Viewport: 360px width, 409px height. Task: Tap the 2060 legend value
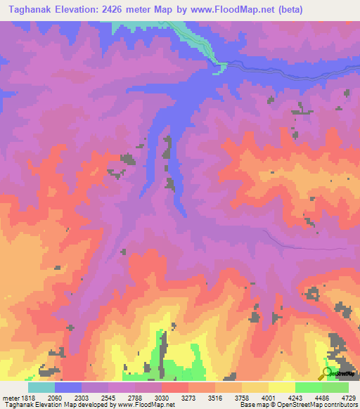pyautogui.click(x=55, y=397)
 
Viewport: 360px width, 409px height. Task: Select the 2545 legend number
pyautogui.click(x=108, y=397)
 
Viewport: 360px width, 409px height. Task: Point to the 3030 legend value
pyautogui.click(x=162, y=397)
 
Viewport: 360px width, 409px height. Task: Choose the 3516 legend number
pyautogui.click(x=215, y=397)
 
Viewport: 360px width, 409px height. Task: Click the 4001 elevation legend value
pyautogui.click(x=268, y=397)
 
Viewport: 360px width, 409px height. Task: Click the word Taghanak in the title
pyautogui.click(x=30, y=10)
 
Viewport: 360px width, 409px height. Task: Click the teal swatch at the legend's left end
pyautogui.click(x=41, y=387)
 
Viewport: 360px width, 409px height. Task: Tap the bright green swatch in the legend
pyautogui.click(x=308, y=387)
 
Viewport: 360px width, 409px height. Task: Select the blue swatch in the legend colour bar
pyautogui.click(x=68, y=387)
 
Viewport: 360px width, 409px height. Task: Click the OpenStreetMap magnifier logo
pyautogui.click(x=328, y=373)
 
